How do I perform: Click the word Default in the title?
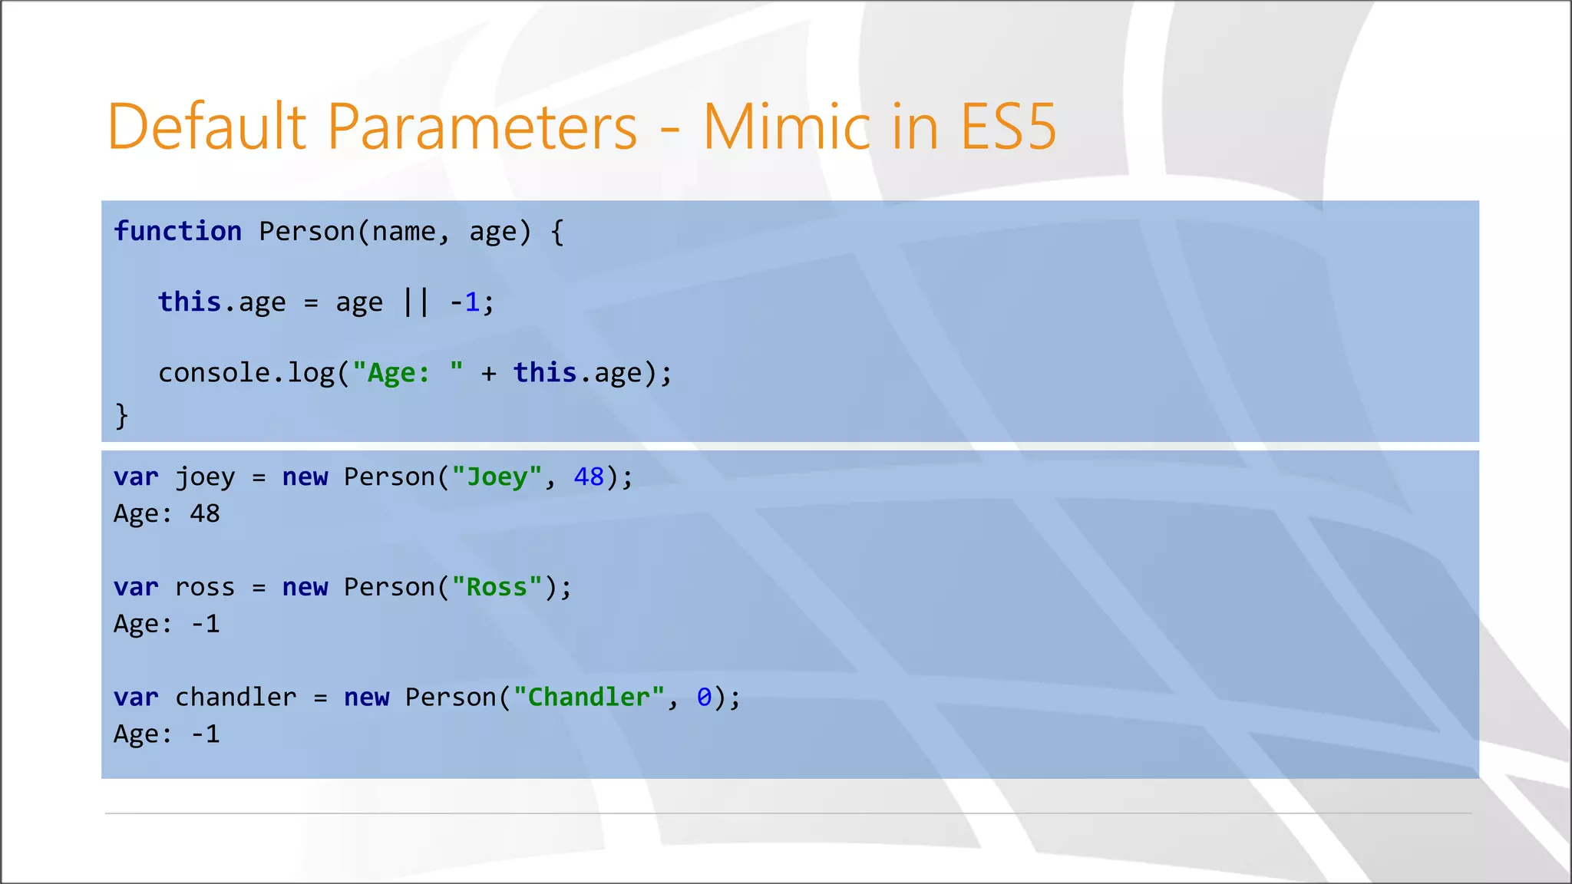207,127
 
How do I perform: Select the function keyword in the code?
177,231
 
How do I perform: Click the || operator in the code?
416,302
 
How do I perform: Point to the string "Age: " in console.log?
408,373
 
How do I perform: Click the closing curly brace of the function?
121,416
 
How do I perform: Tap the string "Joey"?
497,477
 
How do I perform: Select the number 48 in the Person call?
589,477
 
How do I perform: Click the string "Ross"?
497,587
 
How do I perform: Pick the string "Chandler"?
589,697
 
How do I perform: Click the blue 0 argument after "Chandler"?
704,697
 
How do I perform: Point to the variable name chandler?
236,697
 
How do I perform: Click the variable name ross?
204,587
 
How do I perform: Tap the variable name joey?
204,477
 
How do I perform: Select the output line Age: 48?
167,513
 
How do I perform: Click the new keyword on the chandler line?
366,697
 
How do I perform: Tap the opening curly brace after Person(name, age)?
557,231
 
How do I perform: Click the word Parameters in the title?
482,127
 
